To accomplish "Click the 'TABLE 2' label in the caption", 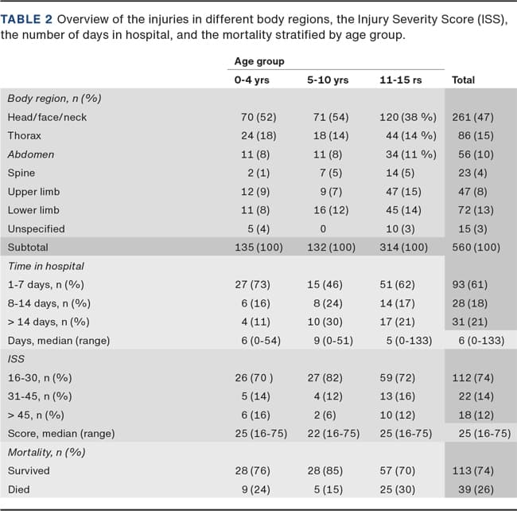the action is pos(26,19).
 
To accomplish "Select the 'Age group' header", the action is pos(259,61).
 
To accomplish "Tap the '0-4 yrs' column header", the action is pos(251,80).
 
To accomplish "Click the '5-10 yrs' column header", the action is pos(328,80).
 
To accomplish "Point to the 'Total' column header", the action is pos(463,80).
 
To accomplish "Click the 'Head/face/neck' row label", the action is pos(47,118).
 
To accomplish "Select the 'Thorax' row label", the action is pos(25,136).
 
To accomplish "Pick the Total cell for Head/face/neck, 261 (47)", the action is pos(472,118).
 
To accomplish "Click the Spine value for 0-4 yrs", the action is pos(258,174).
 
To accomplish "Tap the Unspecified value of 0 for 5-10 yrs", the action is pos(323,229).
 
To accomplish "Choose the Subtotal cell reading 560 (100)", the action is pos(476,248).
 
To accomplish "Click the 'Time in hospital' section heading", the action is pos(46,266).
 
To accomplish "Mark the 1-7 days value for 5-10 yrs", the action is pos(325,285).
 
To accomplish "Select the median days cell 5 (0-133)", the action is pos(409,341).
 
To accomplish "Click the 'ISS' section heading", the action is pos(16,359).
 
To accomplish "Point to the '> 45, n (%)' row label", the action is pos(36,415).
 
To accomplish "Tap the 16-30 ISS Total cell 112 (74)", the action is pos(472,378).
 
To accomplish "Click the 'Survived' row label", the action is pos(29,470).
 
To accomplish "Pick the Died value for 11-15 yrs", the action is pos(398,490).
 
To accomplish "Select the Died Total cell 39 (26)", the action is pos(476,490).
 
